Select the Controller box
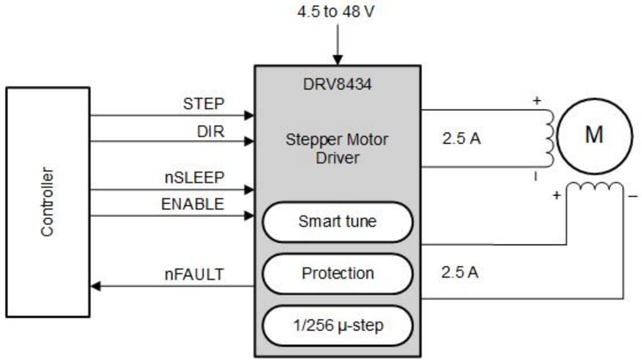tap(48, 202)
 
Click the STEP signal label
tap(203, 104)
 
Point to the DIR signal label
tap(211, 131)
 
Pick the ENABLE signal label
tap(193, 204)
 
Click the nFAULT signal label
tap(194, 274)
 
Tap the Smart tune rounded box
tap(337, 222)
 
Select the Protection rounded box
tap(337, 273)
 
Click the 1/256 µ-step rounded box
tap(337, 325)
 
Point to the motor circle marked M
tap(594, 136)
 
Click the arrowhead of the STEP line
tap(250, 116)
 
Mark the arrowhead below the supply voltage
tap(337, 60)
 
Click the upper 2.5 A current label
tap(461, 139)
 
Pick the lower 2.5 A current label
tap(460, 272)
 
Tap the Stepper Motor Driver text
tap(337, 149)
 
